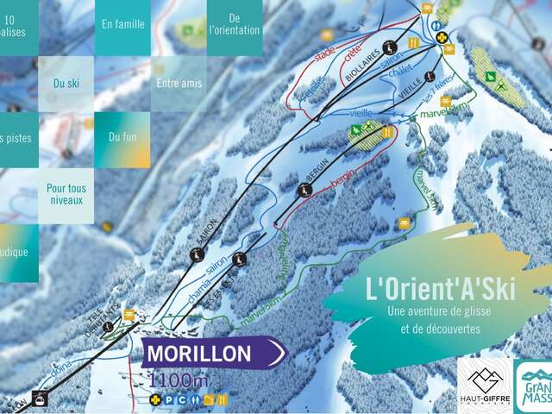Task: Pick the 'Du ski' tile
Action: [66, 84]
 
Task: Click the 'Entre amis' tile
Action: [179, 84]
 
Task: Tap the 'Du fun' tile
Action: [122, 136]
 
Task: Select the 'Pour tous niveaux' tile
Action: [66, 194]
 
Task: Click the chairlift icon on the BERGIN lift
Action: [304, 190]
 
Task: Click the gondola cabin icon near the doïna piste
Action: [39, 398]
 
